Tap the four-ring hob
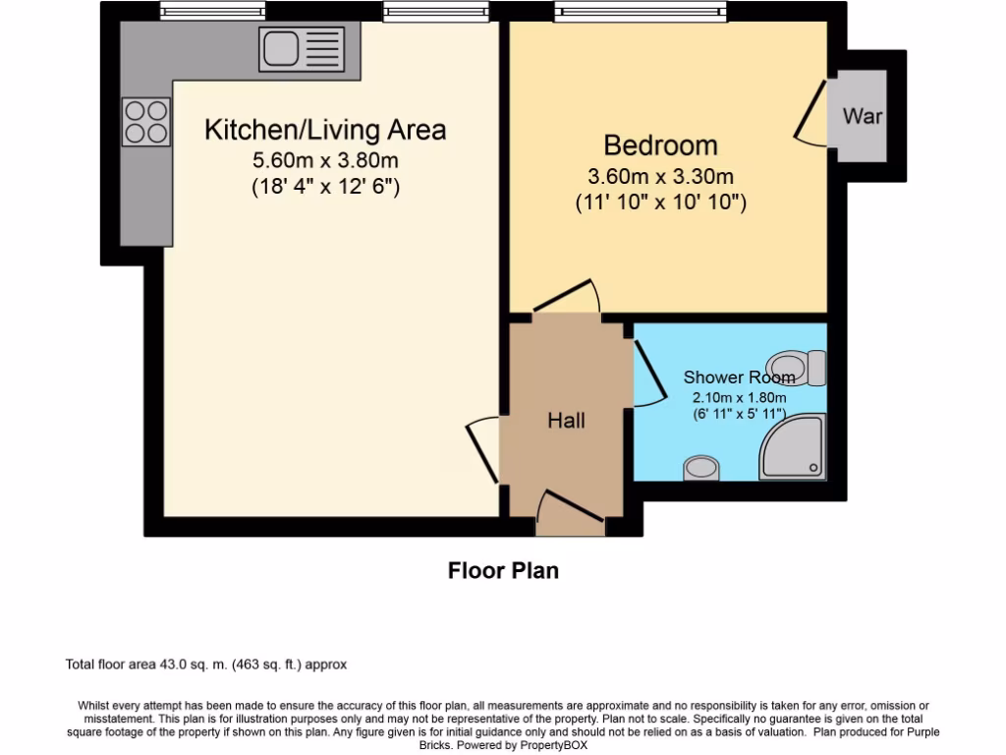[145, 123]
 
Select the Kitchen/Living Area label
[325, 130]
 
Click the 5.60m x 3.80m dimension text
[325, 160]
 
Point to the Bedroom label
[660, 145]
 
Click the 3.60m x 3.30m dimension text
[660, 177]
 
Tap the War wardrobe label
[863, 116]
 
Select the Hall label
[566, 421]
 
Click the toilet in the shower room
[798, 367]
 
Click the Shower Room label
[739, 377]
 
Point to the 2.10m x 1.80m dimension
[739, 397]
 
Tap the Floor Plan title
[503, 570]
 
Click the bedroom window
[641, 12]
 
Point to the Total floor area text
[205, 665]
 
